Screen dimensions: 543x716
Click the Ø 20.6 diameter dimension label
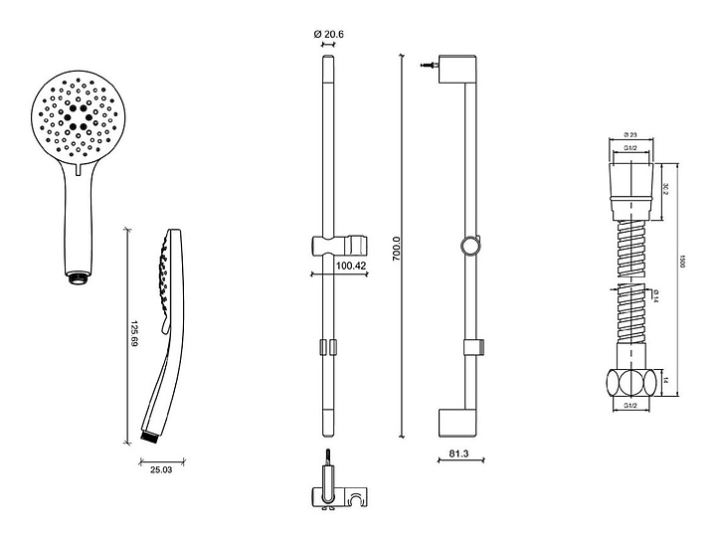point(329,34)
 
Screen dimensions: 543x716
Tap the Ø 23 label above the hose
point(629,135)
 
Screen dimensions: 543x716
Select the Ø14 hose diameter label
point(658,294)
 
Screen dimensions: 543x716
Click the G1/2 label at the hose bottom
point(631,406)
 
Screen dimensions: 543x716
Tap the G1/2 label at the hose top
point(630,148)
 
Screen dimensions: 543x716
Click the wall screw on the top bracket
point(431,67)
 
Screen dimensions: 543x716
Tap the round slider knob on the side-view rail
point(468,245)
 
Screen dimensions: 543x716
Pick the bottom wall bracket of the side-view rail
point(456,422)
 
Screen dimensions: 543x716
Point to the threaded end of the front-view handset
point(77,276)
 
